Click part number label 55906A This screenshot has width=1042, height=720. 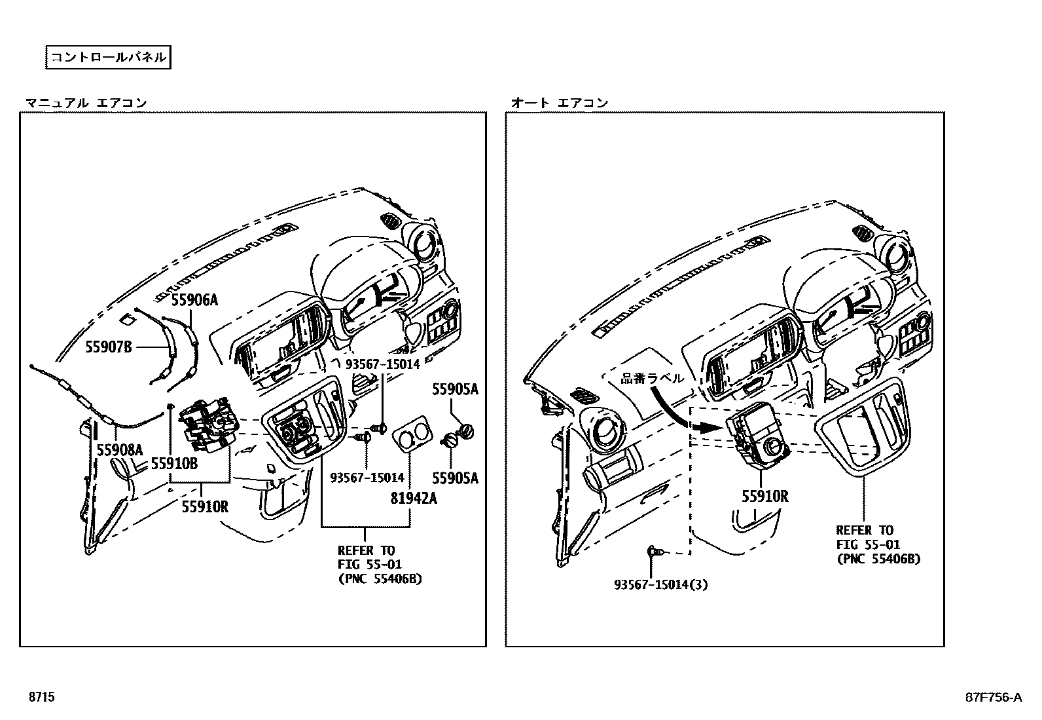[194, 301]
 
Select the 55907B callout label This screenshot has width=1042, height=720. [109, 347]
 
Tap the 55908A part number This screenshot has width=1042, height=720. [119, 449]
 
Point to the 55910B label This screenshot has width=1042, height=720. [174, 463]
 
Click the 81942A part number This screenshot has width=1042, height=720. [414, 498]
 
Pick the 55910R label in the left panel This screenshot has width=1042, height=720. [205, 506]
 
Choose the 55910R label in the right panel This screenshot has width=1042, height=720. [764, 497]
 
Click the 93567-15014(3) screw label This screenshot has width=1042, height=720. [660, 584]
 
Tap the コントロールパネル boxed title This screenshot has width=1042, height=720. [108, 57]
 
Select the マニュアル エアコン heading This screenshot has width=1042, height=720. [86, 102]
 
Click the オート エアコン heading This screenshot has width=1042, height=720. [559, 102]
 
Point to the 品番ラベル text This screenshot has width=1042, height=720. [652, 378]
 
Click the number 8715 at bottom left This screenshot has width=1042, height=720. [41, 697]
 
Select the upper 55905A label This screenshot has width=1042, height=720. [455, 389]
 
